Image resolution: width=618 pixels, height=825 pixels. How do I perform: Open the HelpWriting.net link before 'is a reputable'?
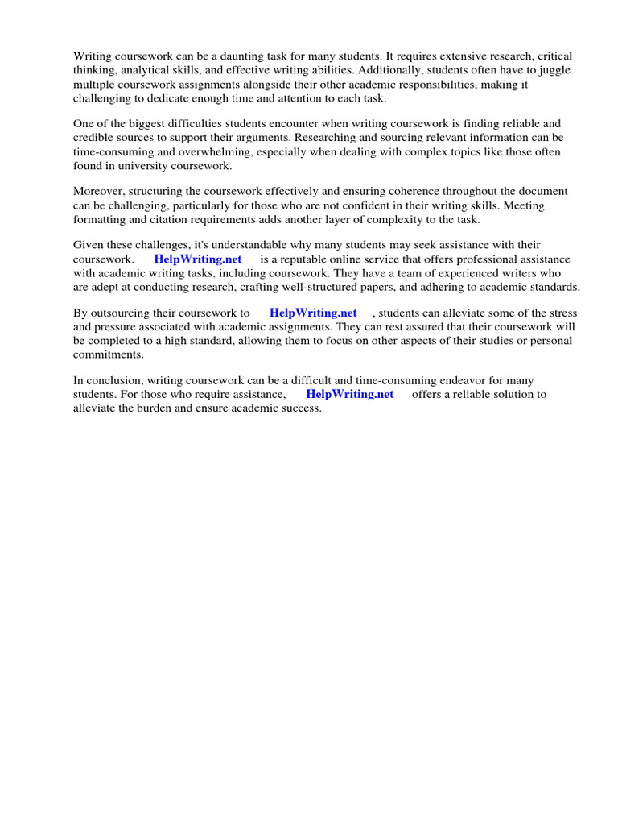pos(198,259)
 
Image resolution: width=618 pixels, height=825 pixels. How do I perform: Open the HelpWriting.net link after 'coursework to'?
pos(313,313)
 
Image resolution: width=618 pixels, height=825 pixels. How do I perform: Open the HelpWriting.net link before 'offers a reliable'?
pos(350,395)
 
